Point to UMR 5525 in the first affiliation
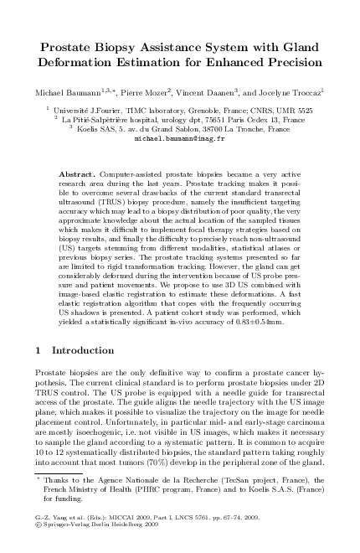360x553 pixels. pyautogui.click(x=295, y=110)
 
